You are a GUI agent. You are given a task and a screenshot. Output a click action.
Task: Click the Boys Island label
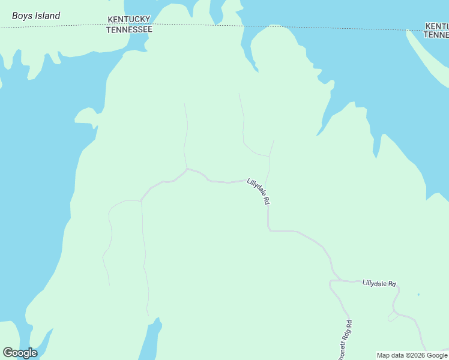(x=36, y=16)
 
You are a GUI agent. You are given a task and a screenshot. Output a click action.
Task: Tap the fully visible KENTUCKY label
(x=128, y=20)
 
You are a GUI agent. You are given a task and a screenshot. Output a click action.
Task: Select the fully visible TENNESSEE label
(x=129, y=29)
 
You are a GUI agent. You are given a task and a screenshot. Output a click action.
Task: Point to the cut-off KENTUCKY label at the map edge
(x=436, y=26)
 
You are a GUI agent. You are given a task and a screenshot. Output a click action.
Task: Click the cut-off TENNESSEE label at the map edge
(x=436, y=35)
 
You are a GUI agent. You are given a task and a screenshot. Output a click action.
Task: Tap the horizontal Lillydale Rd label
(x=379, y=283)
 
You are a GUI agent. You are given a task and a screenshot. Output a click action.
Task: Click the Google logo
(x=20, y=353)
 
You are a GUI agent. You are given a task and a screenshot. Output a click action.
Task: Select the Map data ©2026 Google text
(x=412, y=355)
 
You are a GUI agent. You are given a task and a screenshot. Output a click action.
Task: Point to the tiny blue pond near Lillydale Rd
(x=418, y=295)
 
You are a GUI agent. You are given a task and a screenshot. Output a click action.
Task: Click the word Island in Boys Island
(x=47, y=16)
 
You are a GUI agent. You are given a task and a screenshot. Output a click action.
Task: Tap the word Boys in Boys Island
(x=22, y=16)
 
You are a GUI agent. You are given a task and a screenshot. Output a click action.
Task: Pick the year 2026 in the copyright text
(x=418, y=355)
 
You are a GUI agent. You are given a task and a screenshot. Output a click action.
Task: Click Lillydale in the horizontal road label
(x=375, y=283)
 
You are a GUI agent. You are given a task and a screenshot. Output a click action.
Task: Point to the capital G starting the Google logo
(x=8, y=353)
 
